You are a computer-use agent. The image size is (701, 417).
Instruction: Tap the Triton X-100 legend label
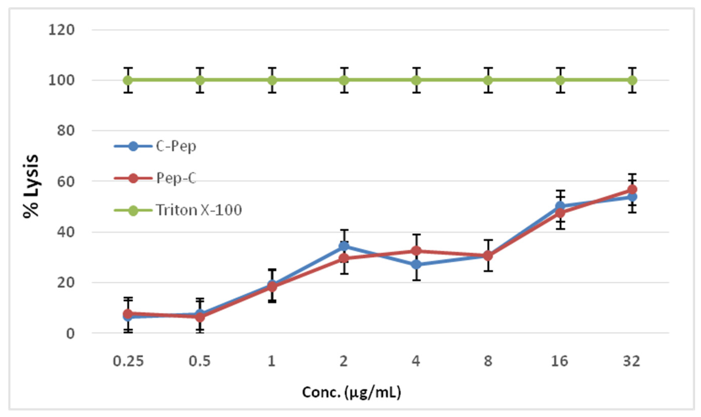(198, 210)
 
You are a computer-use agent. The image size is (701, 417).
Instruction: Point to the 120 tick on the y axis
(61, 30)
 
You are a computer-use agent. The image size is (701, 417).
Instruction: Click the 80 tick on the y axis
(66, 131)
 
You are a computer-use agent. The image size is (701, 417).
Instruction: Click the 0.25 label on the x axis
(128, 361)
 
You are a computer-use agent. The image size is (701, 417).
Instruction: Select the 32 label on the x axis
(632, 361)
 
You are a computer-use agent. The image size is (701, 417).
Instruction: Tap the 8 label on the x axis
(488, 361)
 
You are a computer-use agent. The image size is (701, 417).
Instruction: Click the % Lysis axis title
(31, 186)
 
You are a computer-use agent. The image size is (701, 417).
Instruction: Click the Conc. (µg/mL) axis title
(351, 393)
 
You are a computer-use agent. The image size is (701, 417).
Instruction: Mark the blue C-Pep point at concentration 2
(344, 246)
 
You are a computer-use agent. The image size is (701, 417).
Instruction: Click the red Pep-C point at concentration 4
(416, 251)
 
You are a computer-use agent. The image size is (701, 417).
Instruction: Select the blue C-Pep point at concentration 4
(416, 265)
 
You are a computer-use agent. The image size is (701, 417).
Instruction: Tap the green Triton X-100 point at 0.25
(128, 80)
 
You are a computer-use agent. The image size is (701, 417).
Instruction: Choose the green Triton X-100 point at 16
(560, 80)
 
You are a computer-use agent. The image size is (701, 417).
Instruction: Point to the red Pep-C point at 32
(632, 189)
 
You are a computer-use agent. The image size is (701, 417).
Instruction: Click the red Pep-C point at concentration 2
(344, 258)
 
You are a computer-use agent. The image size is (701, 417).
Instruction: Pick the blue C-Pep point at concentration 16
(560, 206)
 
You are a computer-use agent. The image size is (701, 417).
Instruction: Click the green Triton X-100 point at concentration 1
(272, 80)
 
